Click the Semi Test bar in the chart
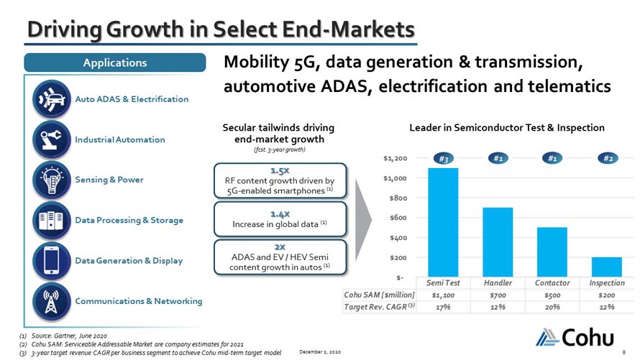coord(443,222)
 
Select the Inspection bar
coord(606,267)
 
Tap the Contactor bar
coord(552,252)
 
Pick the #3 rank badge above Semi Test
coord(443,159)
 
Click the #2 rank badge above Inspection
coord(608,158)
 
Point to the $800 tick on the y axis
coord(398,198)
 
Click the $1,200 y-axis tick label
coord(395,158)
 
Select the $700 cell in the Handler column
coord(498,295)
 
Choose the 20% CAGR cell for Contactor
coord(552,307)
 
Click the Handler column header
coord(498,282)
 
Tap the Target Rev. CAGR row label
coord(379,307)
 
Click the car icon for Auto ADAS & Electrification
coord(52,99)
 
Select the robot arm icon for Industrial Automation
coord(52,139)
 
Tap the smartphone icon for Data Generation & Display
coord(52,261)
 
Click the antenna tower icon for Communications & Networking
coord(52,301)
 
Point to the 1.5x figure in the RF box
coord(280,170)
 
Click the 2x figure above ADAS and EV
coord(280,247)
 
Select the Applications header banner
coord(115,63)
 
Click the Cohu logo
coord(575,337)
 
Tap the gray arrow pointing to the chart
coord(363,220)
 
